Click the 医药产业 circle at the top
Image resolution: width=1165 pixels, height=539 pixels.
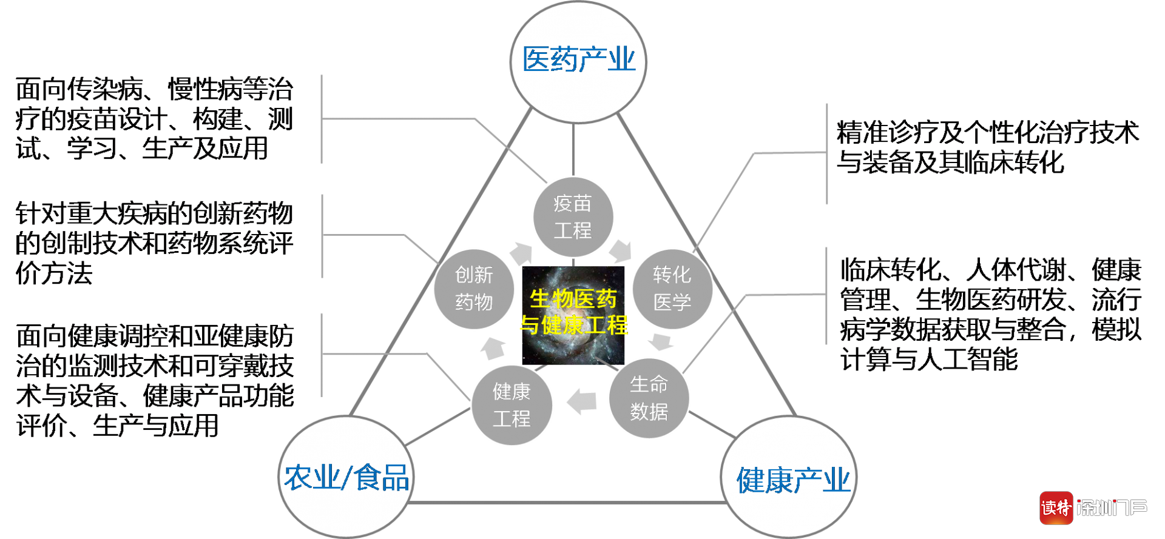tap(578, 61)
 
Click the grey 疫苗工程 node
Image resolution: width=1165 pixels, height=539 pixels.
tap(573, 217)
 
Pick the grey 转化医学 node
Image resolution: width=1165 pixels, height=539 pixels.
tap(672, 289)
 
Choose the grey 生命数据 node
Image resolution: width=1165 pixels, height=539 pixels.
tap(649, 398)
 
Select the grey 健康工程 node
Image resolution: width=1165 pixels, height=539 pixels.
tap(512, 405)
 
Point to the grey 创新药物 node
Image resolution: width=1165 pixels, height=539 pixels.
tap(474, 289)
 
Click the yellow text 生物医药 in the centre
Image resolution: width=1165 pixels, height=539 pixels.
tap(573, 299)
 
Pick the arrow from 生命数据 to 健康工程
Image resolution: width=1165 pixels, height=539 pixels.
tap(582, 401)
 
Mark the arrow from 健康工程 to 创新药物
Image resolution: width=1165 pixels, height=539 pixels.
tap(493, 347)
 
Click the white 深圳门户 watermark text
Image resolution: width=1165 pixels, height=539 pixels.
tap(1112, 507)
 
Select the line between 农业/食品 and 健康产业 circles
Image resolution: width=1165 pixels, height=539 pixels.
tap(567, 503)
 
